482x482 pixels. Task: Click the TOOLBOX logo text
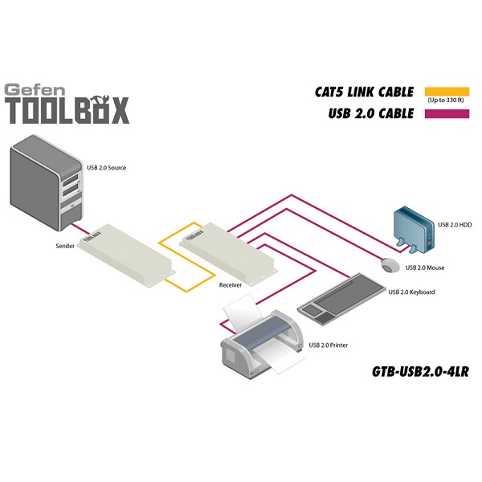67,111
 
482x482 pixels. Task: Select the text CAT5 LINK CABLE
365,92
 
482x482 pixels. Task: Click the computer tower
47,181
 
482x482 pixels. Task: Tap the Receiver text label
231,285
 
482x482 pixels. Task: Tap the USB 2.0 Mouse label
425,268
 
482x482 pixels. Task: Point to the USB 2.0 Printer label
329,345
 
